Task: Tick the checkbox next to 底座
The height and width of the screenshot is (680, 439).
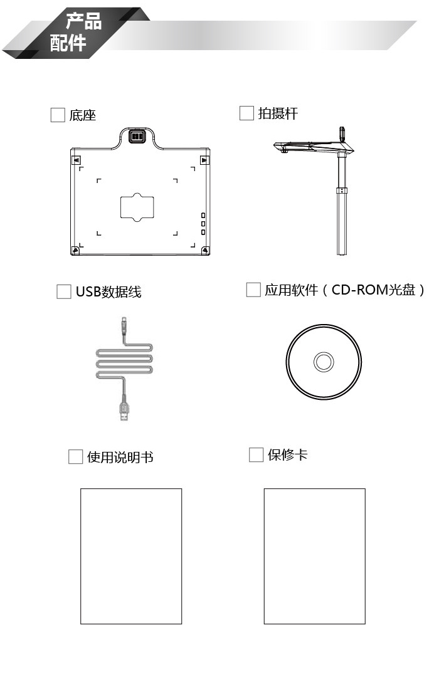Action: pyautogui.click(x=58, y=115)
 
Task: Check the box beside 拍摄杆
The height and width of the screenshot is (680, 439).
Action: pyautogui.click(x=247, y=113)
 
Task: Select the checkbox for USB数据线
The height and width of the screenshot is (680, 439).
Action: pyautogui.click(x=64, y=291)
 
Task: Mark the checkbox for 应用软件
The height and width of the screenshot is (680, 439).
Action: pyautogui.click(x=253, y=290)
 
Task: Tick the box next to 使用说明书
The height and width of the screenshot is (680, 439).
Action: pyautogui.click(x=76, y=457)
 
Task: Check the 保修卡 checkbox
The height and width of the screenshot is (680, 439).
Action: pyautogui.click(x=256, y=454)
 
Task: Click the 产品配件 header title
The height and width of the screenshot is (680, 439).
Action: pyautogui.click(x=77, y=33)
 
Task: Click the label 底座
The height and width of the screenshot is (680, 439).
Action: pyautogui.click(x=83, y=115)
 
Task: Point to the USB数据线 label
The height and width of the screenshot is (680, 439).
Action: pyautogui.click(x=108, y=292)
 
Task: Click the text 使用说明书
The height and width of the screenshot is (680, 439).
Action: pyautogui.click(x=120, y=458)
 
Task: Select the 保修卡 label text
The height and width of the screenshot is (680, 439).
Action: pyautogui.click(x=288, y=455)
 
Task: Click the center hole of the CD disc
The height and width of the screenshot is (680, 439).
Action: pyautogui.click(x=324, y=362)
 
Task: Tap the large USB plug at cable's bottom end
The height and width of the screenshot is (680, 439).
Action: pyautogui.click(x=124, y=412)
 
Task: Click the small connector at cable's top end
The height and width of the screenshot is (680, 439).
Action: pyautogui.click(x=124, y=325)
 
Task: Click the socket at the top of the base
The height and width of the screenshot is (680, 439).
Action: pyautogui.click(x=137, y=136)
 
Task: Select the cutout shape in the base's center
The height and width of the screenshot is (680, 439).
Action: pyautogui.click(x=137, y=207)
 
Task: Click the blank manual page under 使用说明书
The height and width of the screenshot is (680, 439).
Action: pyautogui.click(x=131, y=556)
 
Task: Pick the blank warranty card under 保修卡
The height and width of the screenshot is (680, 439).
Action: pyautogui.click(x=314, y=556)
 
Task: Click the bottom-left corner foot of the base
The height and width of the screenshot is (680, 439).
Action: pyautogui.click(x=76, y=250)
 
